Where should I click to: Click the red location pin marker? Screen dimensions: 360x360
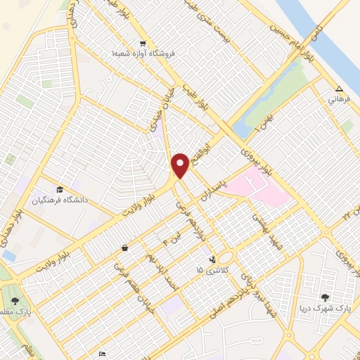coord(181,165)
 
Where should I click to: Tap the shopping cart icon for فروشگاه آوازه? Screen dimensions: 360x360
coord(143,42)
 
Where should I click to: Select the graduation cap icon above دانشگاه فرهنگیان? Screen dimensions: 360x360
coord(60,190)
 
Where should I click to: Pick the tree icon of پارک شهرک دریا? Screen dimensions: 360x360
coord(325,298)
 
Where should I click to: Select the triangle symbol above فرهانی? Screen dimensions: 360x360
coord(339,89)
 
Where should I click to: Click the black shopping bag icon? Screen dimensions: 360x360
coord(124,247)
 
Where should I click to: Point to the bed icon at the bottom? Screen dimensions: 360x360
coord(103,354)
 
